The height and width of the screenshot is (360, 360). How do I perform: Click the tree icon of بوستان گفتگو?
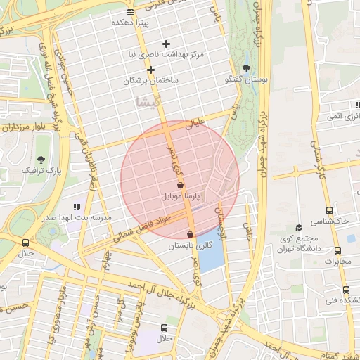coord(245,68)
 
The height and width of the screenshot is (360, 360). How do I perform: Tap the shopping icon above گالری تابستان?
coord(190,234)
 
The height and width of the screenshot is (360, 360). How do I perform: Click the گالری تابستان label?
coord(190,247)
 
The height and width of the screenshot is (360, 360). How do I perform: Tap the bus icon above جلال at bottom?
coord(164,328)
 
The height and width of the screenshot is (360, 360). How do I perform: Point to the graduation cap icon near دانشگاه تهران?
coord(299,227)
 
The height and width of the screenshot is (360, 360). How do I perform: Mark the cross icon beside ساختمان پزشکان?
coord(150,70)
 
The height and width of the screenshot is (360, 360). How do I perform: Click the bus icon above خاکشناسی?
coord(330,210)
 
